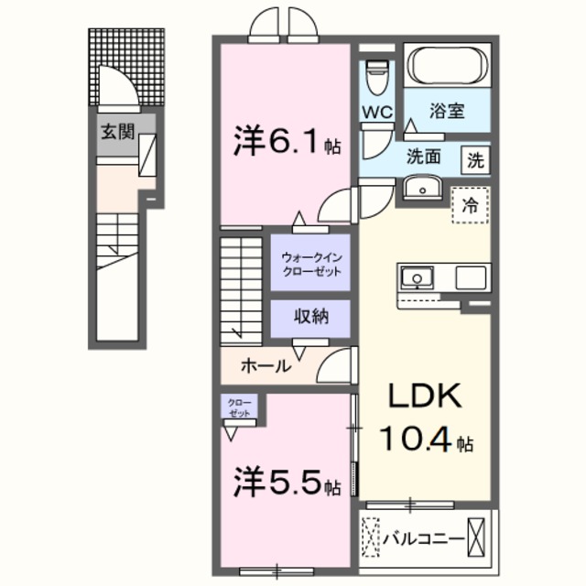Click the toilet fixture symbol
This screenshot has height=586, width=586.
(376, 75)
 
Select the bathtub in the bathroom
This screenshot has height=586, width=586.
(449, 66)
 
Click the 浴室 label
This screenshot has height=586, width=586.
(448, 113)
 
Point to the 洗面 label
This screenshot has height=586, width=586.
(425, 157)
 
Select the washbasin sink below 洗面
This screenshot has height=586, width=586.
(423, 189)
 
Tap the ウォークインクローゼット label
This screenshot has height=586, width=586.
(311, 265)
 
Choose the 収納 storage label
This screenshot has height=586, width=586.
(310, 318)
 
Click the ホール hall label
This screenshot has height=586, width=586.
(266, 366)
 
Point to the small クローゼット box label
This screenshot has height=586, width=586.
(238, 407)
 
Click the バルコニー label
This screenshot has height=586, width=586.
(423, 537)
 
